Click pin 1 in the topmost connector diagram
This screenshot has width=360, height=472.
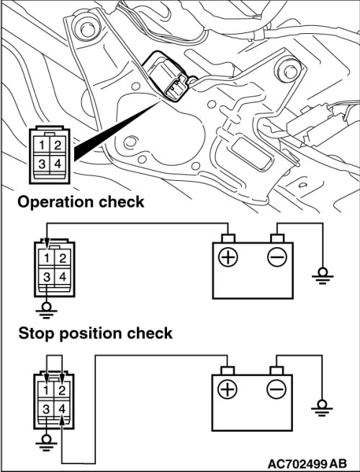click(x=42, y=145)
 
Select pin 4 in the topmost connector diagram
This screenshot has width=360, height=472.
click(x=58, y=164)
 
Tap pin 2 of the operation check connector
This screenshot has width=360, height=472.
click(x=63, y=258)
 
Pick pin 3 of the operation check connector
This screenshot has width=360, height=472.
click(x=47, y=276)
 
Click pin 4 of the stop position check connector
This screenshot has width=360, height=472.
click(x=62, y=409)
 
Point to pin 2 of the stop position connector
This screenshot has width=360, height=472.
click(x=62, y=391)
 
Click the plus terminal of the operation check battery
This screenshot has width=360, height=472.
click(x=228, y=257)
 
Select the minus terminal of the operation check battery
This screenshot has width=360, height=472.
click(x=277, y=257)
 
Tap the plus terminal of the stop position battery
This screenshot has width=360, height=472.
click(x=228, y=390)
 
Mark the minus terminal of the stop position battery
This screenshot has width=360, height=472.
click(x=276, y=390)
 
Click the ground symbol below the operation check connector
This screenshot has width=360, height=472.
click(x=46, y=311)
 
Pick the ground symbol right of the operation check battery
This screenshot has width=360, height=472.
click(x=323, y=276)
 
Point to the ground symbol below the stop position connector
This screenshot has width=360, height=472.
click(x=46, y=442)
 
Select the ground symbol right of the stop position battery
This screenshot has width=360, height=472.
click(x=322, y=408)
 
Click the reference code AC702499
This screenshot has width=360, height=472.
click(x=297, y=463)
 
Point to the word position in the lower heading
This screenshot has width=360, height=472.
click(x=90, y=334)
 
